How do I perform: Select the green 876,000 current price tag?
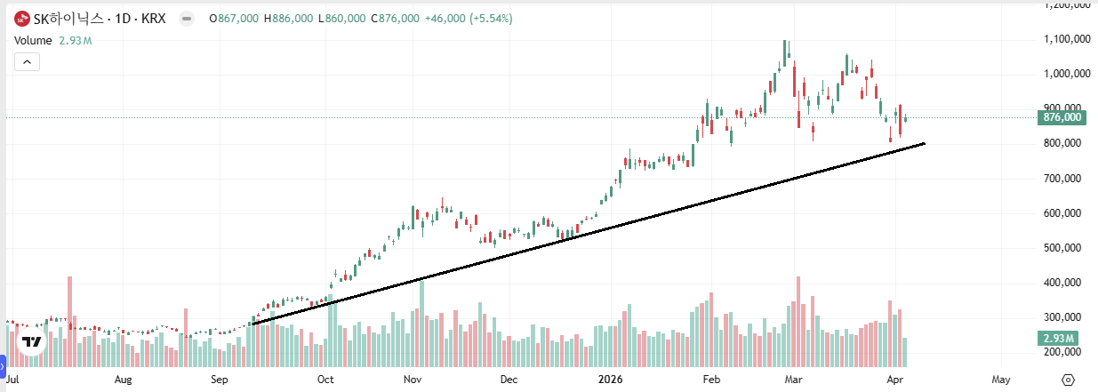[1062, 117]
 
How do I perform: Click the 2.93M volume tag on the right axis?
[1058, 339]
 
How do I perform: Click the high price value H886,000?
[286, 19]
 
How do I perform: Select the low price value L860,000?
[342, 19]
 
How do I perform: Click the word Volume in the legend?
[32, 40]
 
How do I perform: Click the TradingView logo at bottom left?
[32, 341]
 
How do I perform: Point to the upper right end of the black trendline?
[925, 143]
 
